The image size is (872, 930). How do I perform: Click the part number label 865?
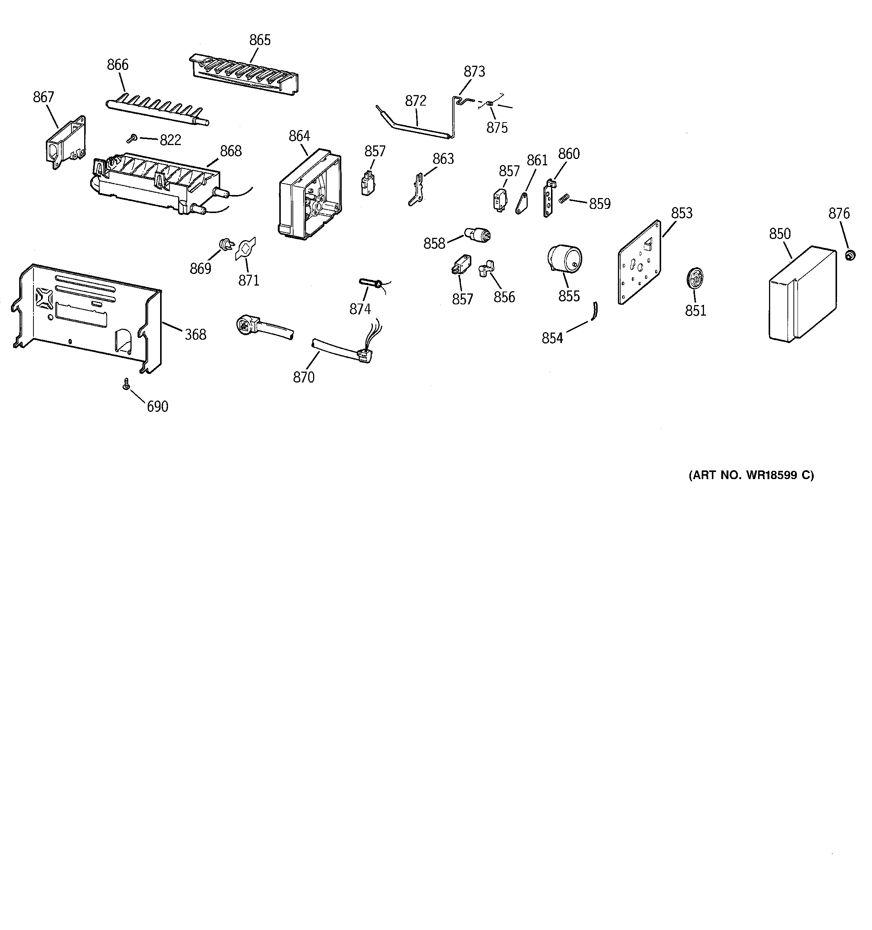tap(260, 40)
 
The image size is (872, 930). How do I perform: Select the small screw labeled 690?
tap(126, 384)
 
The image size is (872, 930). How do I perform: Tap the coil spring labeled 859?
tap(564, 198)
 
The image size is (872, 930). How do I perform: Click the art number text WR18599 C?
tap(751, 475)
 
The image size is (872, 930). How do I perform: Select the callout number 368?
tap(195, 334)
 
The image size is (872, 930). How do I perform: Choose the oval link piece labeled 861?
tap(521, 204)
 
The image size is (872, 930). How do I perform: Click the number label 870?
tap(304, 377)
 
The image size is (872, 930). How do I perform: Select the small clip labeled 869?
tap(226, 244)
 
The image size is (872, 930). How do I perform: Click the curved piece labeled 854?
tap(595, 311)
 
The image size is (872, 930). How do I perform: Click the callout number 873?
tap(474, 71)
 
